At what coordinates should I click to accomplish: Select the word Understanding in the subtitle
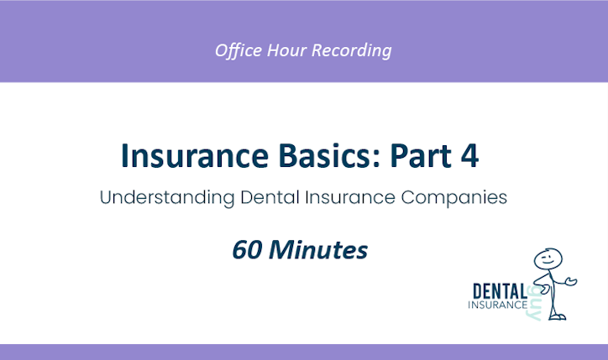160,200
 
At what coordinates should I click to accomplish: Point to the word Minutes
322,248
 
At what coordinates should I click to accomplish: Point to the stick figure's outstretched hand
574,279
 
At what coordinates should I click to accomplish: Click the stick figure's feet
558,317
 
